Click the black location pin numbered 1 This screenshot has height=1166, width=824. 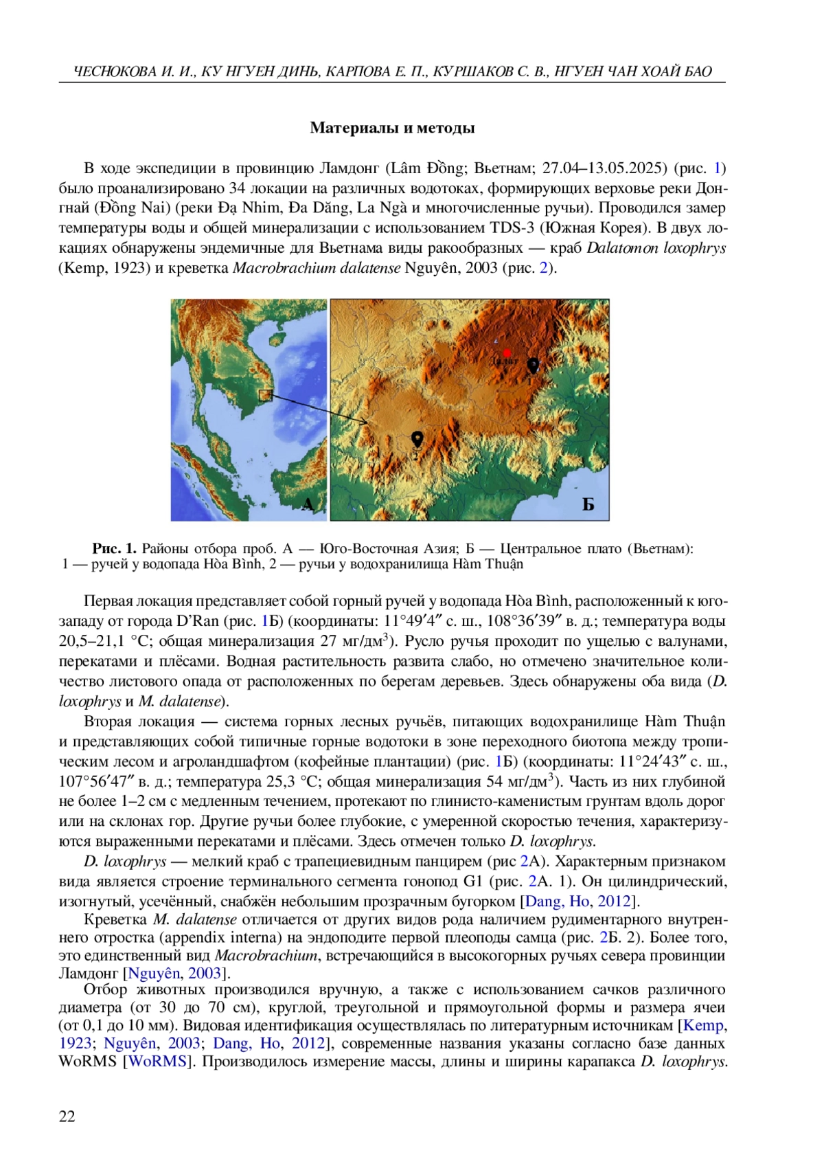coord(532,365)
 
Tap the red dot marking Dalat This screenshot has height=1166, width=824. coord(507,352)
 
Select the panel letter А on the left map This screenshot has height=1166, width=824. coord(308,504)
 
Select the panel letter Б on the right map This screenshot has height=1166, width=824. coord(588,504)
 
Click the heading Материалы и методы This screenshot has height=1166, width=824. coord(392,128)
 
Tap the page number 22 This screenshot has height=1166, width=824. coord(67,1117)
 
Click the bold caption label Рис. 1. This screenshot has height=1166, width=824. coord(115,548)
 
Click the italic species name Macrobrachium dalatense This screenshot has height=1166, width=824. coord(316,267)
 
